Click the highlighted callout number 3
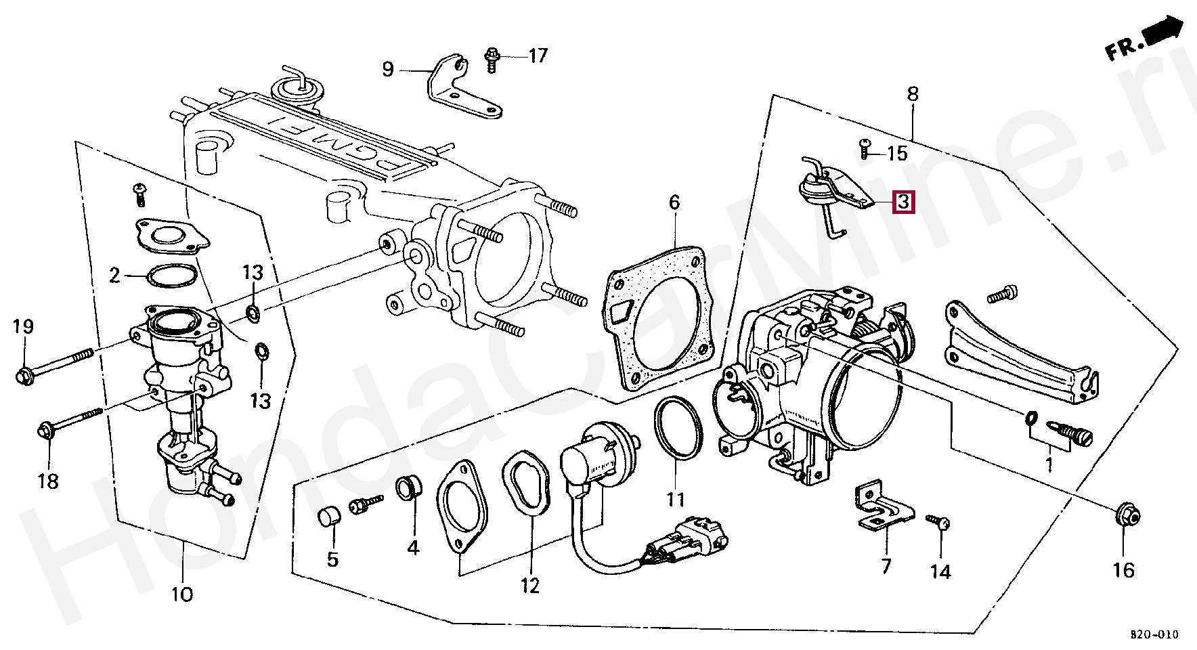coord(903,202)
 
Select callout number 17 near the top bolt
coord(538,55)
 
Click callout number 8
coord(913,94)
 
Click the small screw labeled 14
coord(941,540)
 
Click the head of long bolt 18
coord(46,429)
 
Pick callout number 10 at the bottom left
coord(182,594)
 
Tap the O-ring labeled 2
coord(172,276)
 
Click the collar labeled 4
coord(409,487)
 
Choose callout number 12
coord(530,585)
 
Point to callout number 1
coord(1049,464)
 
